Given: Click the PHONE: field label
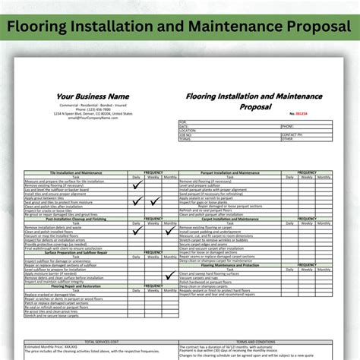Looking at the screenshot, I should [x=288, y=125].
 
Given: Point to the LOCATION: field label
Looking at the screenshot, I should [x=188, y=130].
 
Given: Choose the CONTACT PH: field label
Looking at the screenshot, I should [x=292, y=134].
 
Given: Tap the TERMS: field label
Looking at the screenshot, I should [x=185, y=139].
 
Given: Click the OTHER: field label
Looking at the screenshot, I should [x=287, y=139].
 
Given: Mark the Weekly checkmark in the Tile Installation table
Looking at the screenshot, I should [x=155, y=201].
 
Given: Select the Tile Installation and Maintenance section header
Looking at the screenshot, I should [x=74, y=172].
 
